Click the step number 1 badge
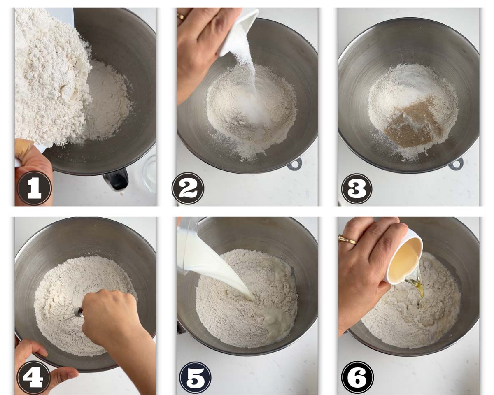click(x=35, y=188)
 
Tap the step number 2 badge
click(x=188, y=188)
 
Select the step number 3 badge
click(x=357, y=189)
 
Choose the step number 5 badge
click(x=195, y=378)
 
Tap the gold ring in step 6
click(x=347, y=239)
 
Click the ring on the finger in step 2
click(x=181, y=16)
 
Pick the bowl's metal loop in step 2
click(x=294, y=164)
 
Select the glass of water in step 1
click(x=149, y=173)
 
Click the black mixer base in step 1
click(x=117, y=179)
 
